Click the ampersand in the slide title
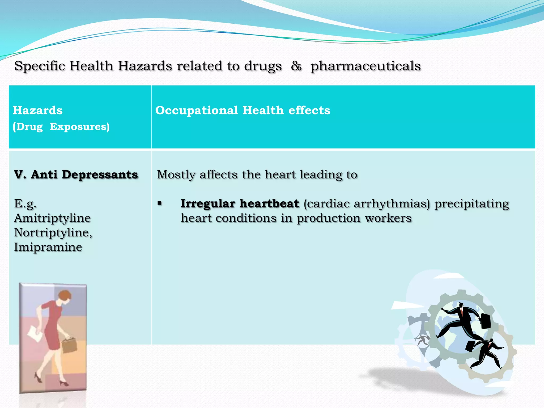click(x=296, y=66)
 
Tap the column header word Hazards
click(x=37, y=110)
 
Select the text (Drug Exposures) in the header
click(x=61, y=127)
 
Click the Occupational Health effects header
click(x=243, y=110)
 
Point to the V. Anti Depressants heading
click(x=76, y=175)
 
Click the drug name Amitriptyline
click(x=52, y=218)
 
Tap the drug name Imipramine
click(x=48, y=247)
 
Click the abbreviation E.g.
click(x=25, y=204)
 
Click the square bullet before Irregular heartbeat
click(x=160, y=203)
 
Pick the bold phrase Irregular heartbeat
click(x=240, y=204)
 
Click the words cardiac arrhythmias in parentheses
click(x=367, y=204)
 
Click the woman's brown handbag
click(x=69, y=345)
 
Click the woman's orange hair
click(x=65, y=295)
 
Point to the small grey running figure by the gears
click(x=423, y=340)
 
